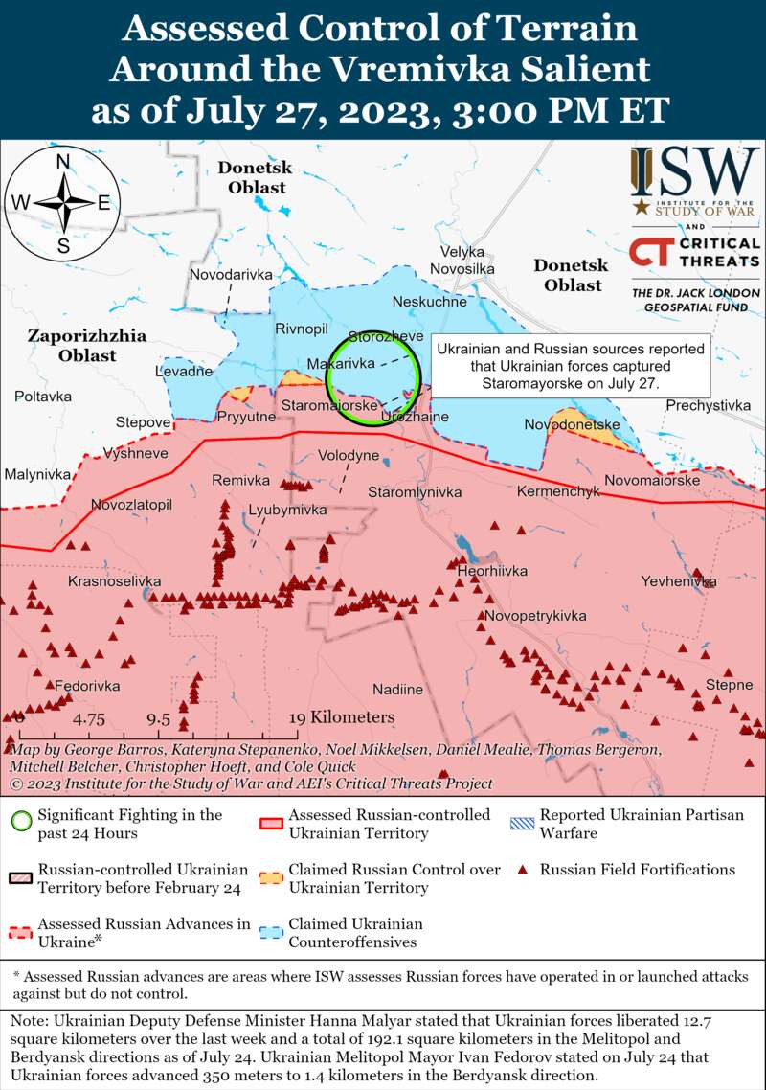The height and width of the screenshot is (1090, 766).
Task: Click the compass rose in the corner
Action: (x=63, y=202)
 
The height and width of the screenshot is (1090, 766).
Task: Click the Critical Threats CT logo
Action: (x=649, y=253)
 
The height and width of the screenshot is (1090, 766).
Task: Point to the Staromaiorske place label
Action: (x=328, y=406)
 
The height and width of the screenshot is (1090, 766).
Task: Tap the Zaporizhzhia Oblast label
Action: (x=86, y=346)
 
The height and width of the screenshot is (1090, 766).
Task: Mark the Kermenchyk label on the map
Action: (x=557, y=491)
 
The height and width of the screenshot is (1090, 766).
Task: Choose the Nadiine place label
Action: (x=397, y=690)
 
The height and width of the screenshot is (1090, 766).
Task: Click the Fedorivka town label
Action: (x=87, y=687)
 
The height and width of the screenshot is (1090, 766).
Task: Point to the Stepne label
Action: (x=729, y=685)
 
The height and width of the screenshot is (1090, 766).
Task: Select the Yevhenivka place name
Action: (x=678, y=581)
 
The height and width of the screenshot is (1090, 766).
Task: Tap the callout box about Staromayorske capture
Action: (x=571, y=365)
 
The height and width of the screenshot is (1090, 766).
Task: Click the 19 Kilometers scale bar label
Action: (x=342, y=717)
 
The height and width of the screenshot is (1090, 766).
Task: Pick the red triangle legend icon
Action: (x=523, y=871)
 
